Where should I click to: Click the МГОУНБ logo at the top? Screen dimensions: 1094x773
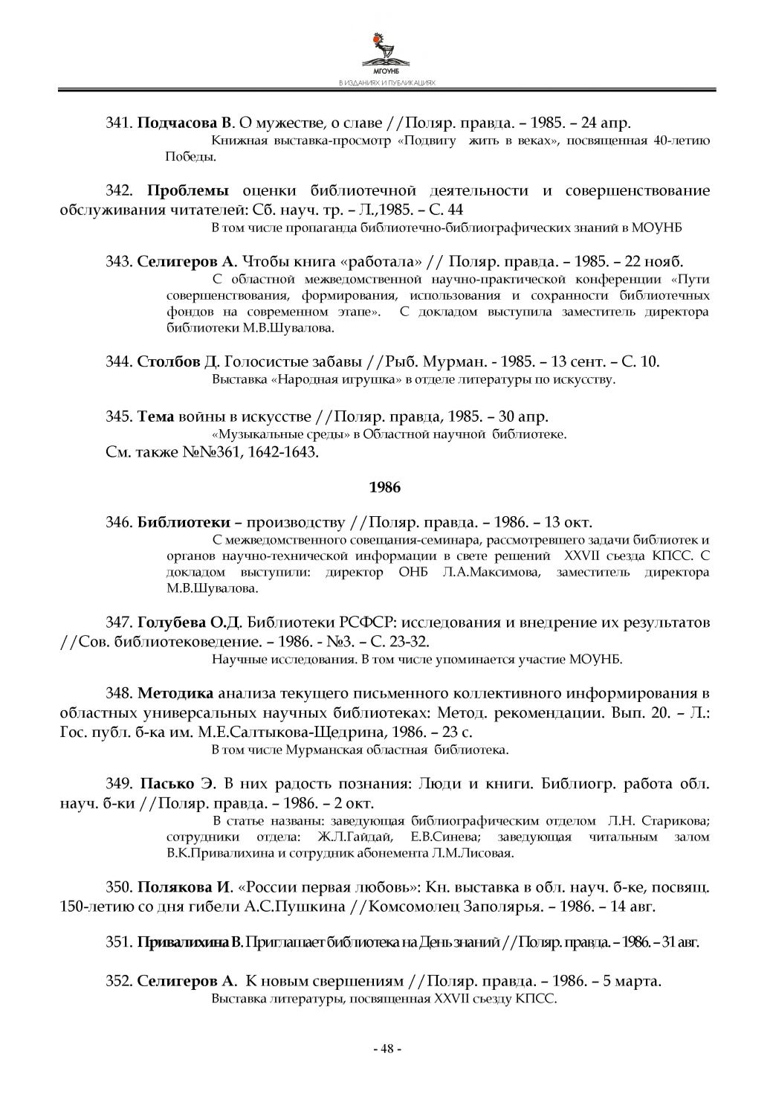pyautogui.click(x=386, y=51)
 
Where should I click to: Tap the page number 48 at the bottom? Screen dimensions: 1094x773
pyautogui.click(x=386, y=1049)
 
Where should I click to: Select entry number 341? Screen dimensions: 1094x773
pyautogui.click(x=119, y=122)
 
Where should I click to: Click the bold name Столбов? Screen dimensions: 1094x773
pyautogui.click(x=169, y=361)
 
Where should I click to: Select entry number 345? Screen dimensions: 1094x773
pyautogui.click(x=119, y=416)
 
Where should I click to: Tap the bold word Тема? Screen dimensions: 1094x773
pyautogui.click(x=156, y=416)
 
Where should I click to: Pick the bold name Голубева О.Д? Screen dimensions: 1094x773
pyautogui.click(x=190, y=622)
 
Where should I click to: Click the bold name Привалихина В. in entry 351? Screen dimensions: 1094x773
pyautogui.click(x=190, y=942)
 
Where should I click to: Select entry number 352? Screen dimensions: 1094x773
pyautogui.click(x=119, y=981)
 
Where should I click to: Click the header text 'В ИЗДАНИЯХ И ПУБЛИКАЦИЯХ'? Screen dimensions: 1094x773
pyautogui.click(x=386, y=83)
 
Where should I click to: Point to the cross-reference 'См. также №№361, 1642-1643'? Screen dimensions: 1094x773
pyautogui.click(x=213, y=451)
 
